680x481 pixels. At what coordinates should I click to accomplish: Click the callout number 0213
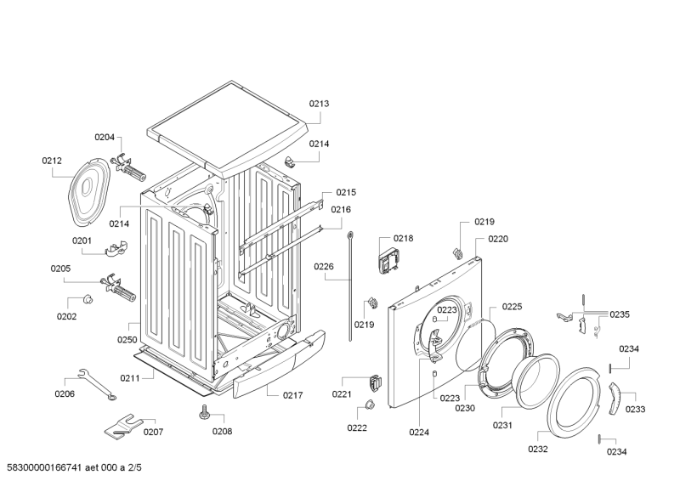(319, 104)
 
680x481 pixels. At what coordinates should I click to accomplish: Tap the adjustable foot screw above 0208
(205, 412)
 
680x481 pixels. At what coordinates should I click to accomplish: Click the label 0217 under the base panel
(269, 393)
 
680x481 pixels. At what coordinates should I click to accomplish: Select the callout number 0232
(537, 449)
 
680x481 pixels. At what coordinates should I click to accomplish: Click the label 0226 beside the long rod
(324, 266)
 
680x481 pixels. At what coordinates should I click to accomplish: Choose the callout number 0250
(127, 339)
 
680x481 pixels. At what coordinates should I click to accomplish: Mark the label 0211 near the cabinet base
(130, 377)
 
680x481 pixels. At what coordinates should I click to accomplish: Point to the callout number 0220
(498, 240)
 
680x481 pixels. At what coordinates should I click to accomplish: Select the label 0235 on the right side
(619, 314)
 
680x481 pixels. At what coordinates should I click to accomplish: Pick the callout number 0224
(418, 433)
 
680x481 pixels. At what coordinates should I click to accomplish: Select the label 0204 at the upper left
(104, 138)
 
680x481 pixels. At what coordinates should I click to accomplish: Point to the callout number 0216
(341, 209)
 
